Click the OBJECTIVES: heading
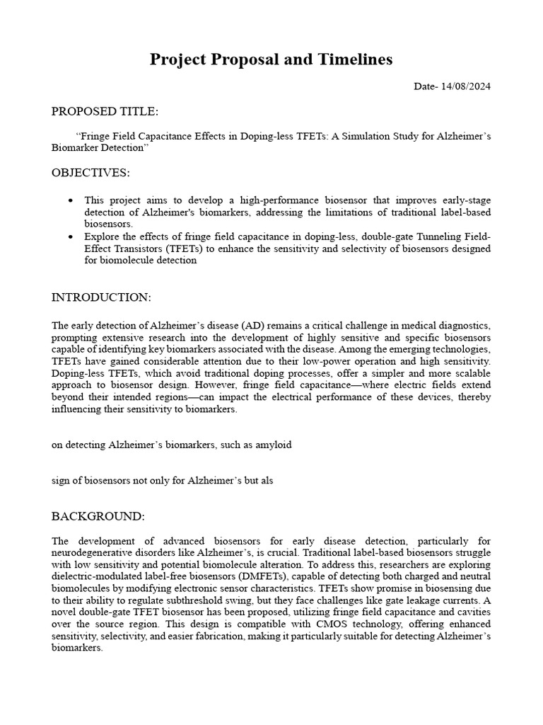(x=90, y=173)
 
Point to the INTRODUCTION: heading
(x=101, y=297)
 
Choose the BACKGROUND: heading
(x=98, y=515)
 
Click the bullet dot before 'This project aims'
(x=70, y=200)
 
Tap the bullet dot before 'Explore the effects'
(x=70, y=236)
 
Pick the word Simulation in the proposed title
(x=358, y=135)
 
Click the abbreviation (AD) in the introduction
(x=253, y=325)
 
